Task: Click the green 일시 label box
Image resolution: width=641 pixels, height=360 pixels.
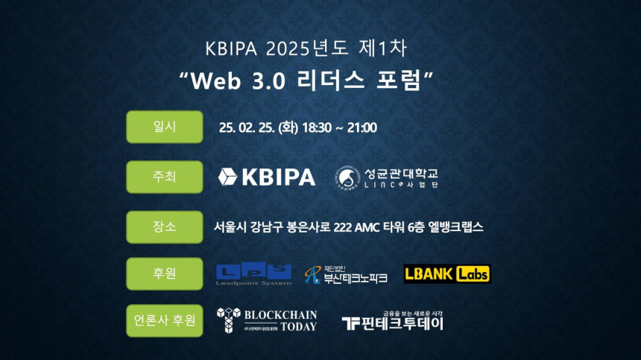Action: pos(165,127)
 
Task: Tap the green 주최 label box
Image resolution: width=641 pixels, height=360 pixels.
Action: pos(165,177)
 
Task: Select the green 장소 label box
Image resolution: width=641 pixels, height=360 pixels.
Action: pos(165,227)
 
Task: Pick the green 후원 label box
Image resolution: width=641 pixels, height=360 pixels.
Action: pos(165,274)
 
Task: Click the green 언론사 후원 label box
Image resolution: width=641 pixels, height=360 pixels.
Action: pos(165,320)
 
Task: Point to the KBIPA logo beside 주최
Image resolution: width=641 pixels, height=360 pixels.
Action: pos(267,177)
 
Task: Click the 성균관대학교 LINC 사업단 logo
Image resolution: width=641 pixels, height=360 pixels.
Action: pos(387,177)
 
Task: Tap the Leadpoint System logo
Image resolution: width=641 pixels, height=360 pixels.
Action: pos(253,274)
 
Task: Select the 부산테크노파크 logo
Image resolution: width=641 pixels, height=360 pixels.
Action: pos(346,274)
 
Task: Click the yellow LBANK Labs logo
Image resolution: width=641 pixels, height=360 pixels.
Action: pos(447,274)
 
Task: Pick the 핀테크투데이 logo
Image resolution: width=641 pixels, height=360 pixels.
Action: pos(393,321)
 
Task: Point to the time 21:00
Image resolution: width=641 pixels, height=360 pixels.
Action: pos(362,127)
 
